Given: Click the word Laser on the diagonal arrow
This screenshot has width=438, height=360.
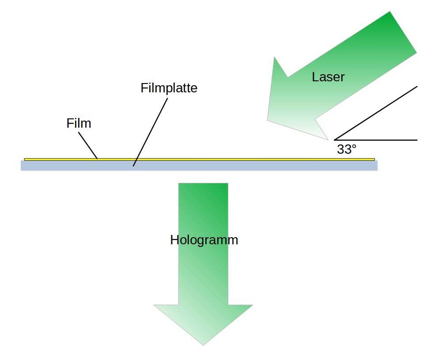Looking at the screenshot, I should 328,77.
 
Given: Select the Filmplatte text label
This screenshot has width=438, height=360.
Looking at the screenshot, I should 169,88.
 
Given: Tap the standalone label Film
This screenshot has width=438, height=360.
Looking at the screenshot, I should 79,123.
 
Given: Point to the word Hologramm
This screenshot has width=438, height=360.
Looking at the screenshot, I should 204,240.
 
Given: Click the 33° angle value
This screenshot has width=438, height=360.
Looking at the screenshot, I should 346,149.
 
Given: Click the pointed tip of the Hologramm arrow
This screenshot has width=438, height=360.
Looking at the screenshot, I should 203,345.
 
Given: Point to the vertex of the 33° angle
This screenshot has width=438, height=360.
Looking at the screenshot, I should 335,140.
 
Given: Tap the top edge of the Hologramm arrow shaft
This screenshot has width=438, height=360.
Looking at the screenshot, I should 203,184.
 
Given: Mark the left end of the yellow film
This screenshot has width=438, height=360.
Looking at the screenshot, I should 25,159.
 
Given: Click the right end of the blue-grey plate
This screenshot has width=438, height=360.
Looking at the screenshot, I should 376,165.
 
